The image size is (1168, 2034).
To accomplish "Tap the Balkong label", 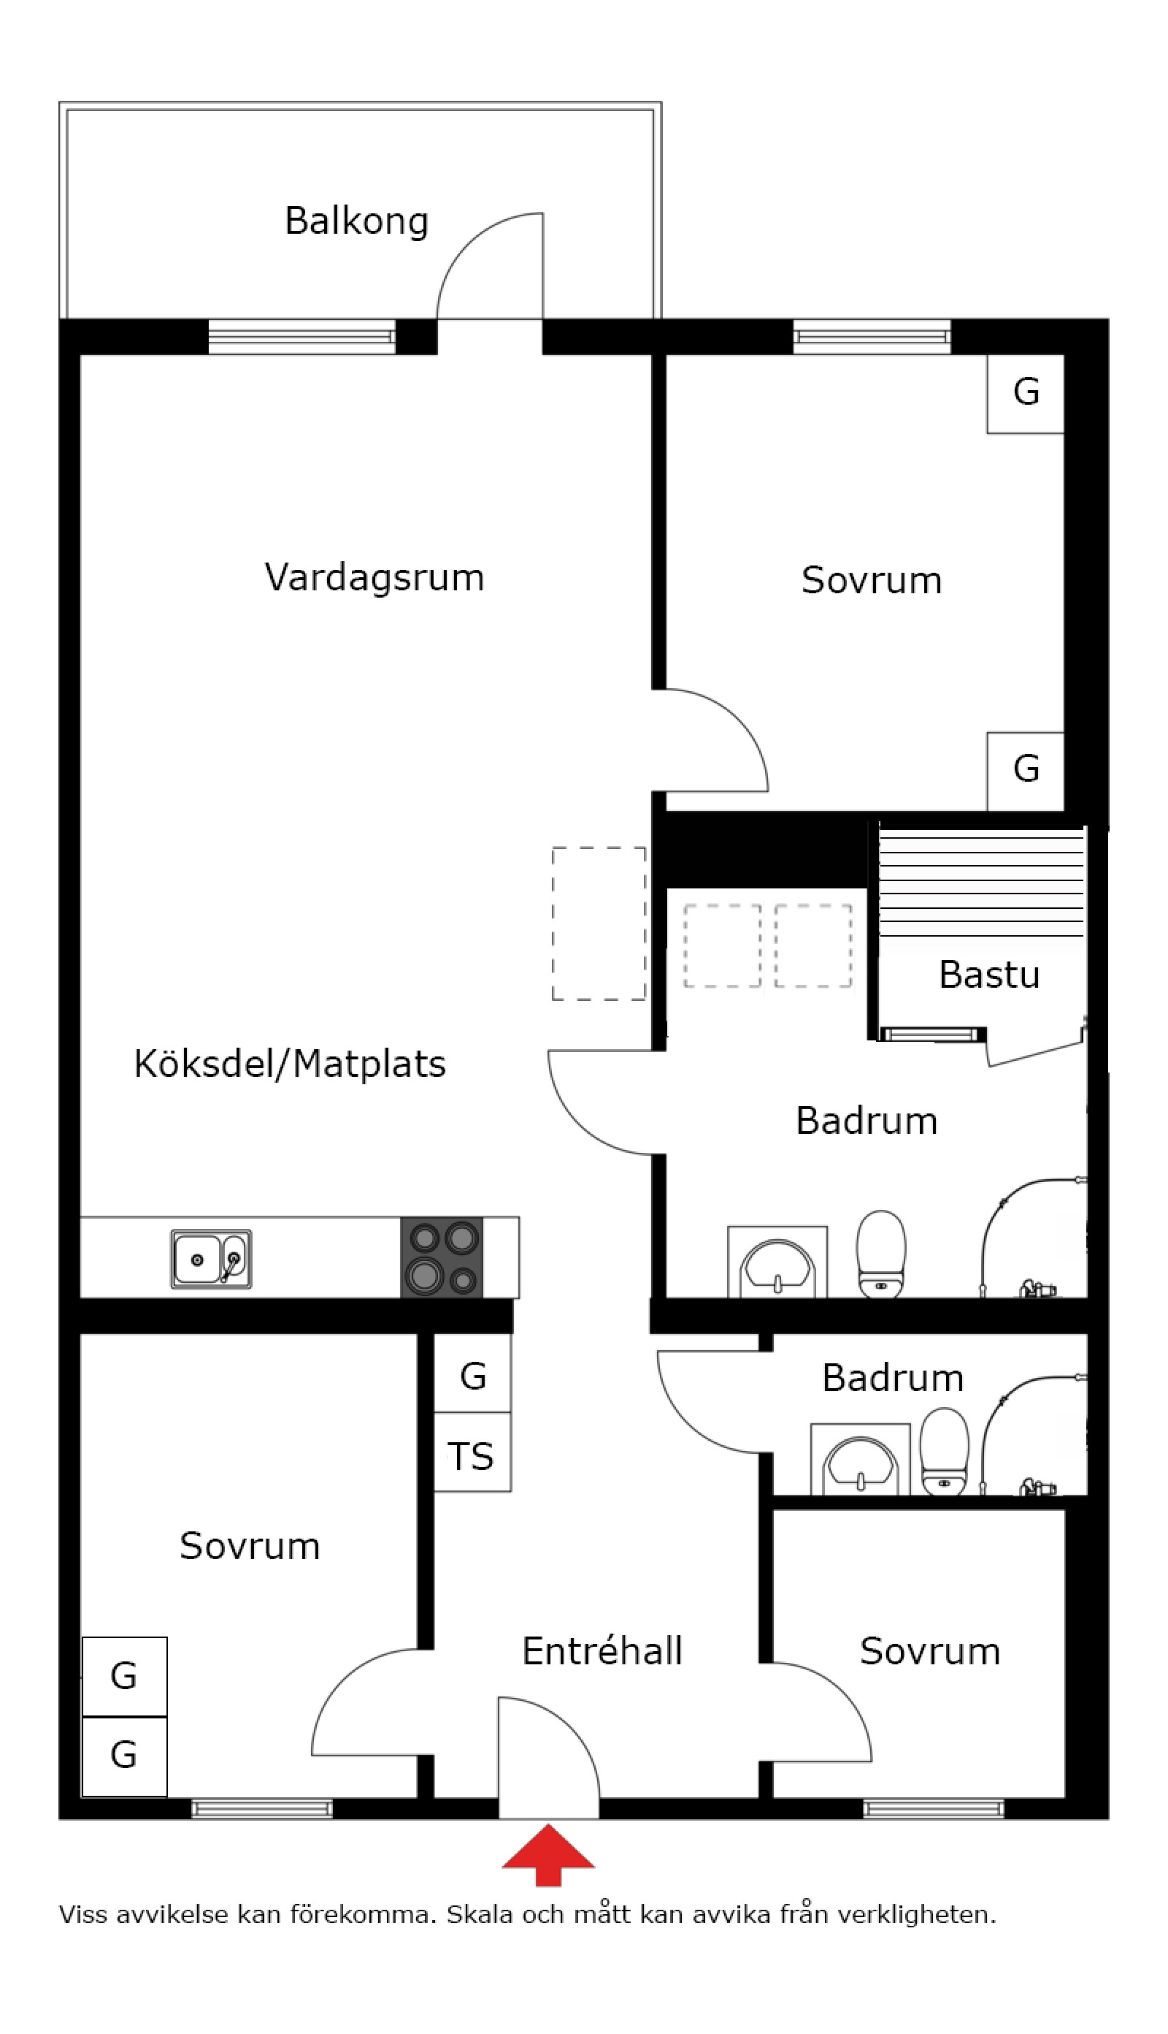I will pyautogui.click(x=357, y=221).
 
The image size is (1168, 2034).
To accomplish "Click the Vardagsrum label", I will pyautogui.click(x=374, y=577).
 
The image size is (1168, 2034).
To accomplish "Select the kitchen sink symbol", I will pyautogui.click(x=211, y=1260).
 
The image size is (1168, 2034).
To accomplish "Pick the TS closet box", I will pyautogui.click(x=472, y=1455).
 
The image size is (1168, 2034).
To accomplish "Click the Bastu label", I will pyautogui.click(x=989, y=975).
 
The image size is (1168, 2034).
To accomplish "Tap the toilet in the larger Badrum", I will pyautogui.click(x=881, y=1254).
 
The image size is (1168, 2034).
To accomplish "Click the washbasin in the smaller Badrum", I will pyautogui.click(x=860, y=1463).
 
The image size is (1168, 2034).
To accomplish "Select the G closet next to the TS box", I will pyautogui.click(x=472, y=1376).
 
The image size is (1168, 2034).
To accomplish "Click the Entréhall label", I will pyautogui.click(x=602, y=1651).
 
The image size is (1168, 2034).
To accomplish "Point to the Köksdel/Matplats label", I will pyautogui.click(x=290, y=1064).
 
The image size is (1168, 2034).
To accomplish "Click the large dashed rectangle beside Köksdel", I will pyautogui.click(x=599, y=923).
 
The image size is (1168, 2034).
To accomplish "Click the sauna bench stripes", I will pyautogui.click(x=981, y=883).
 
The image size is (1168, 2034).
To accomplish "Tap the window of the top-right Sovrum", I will pyautogui.click(x=872, y=337).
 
